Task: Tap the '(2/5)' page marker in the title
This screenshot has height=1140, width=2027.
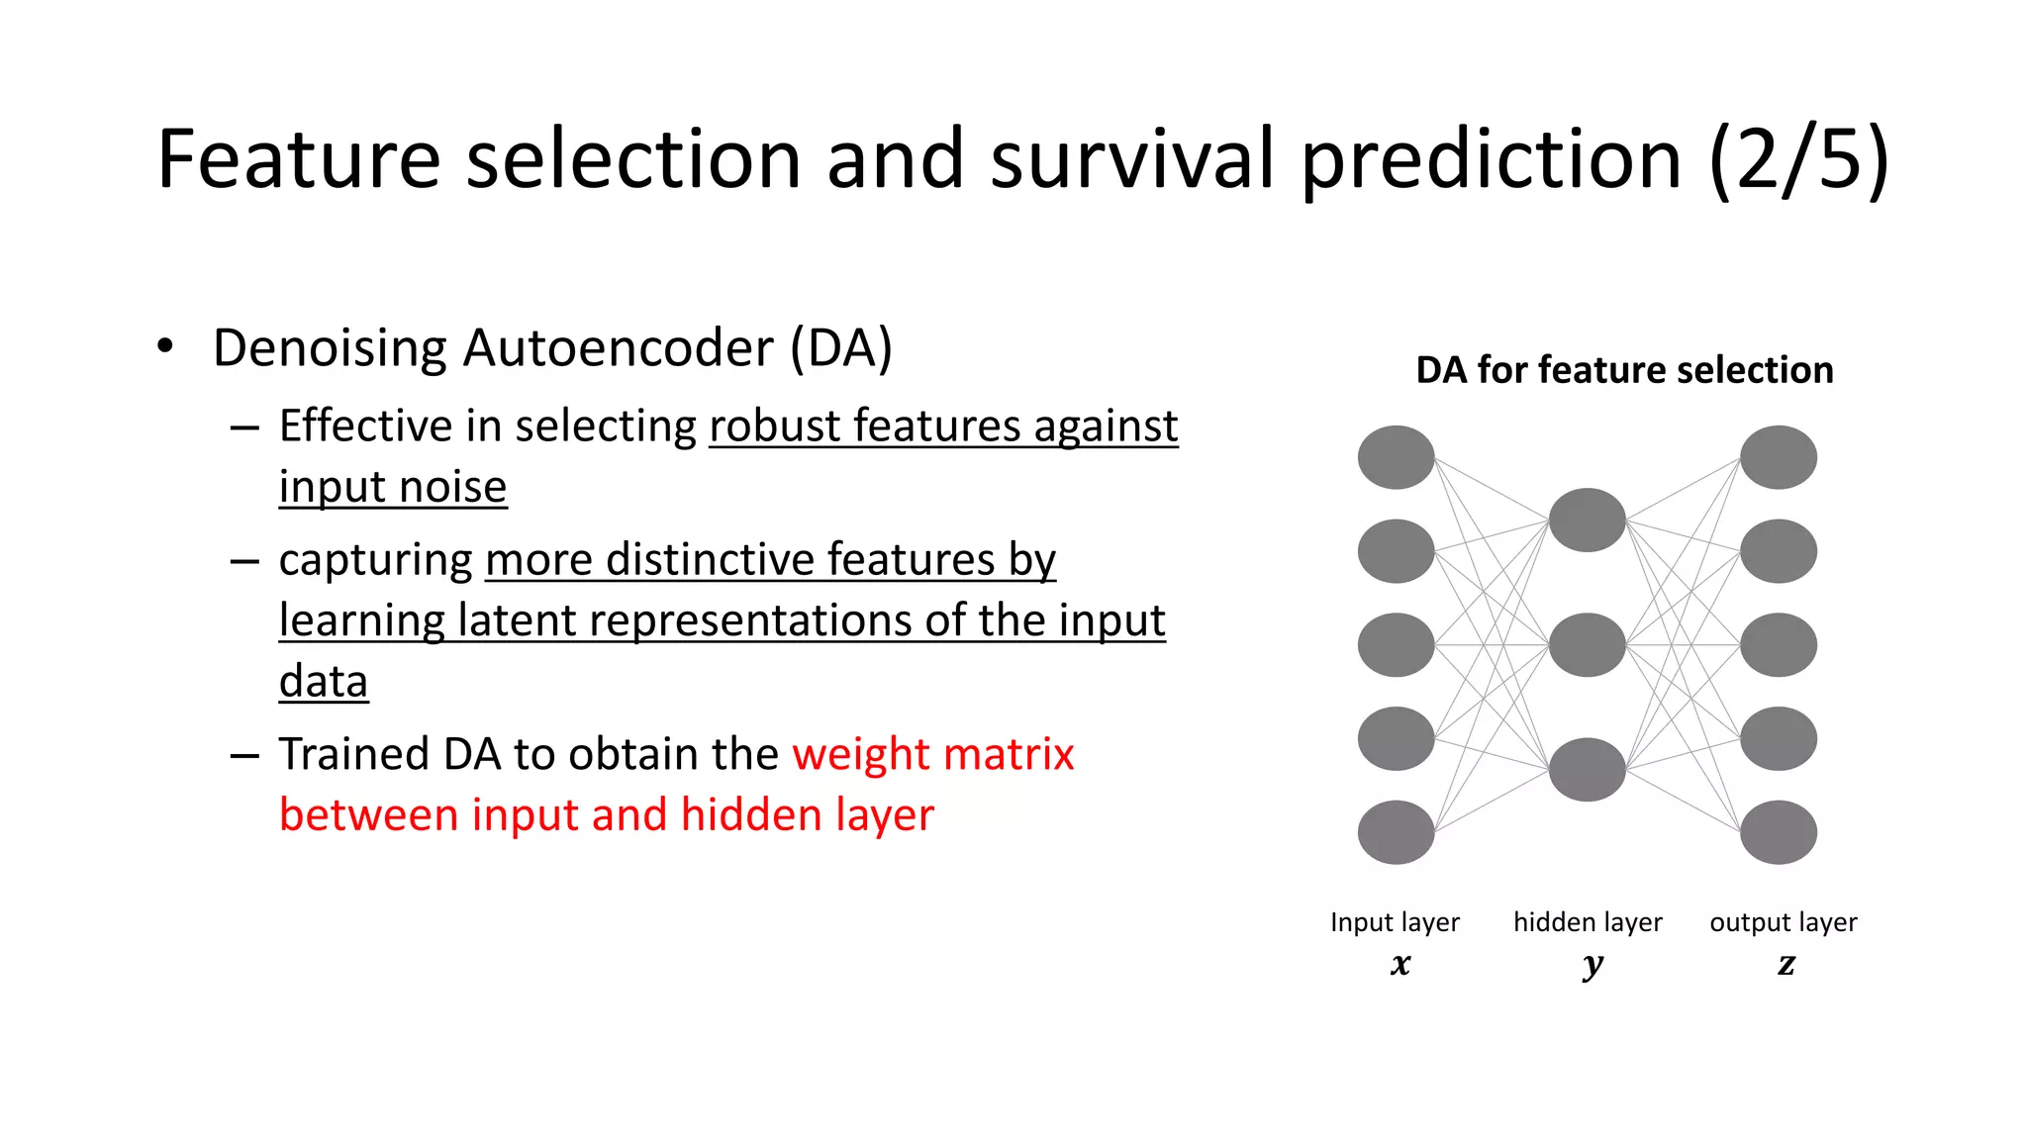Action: point(1799,160)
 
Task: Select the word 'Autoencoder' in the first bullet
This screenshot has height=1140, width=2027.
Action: point(618,348)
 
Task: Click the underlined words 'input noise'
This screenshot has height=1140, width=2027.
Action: point(393,487)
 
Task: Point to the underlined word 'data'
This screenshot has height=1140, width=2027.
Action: point(324,681)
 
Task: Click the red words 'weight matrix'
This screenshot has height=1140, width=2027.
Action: point(932,754)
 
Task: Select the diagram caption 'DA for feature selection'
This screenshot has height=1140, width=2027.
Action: point(1624,370)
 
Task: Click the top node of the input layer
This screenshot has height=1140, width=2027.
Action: point(1396,457)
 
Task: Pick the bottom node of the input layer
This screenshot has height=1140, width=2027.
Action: point(1396,832)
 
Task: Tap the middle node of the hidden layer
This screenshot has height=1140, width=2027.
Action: point(1587,645)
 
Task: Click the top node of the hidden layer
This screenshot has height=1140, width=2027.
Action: point(1587,520)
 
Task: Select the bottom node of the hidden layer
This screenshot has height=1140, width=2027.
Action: point(1587,770)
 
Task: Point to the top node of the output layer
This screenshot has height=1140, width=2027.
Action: point(1778,457)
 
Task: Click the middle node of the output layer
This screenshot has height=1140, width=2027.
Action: point(1778,645)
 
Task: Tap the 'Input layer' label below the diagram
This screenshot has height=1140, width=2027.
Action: point(1395,922)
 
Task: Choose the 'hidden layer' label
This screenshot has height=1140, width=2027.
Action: point(1588,922)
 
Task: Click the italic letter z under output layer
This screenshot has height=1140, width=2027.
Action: point(1786,963)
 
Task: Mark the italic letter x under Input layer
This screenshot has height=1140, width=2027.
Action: point(1400,963)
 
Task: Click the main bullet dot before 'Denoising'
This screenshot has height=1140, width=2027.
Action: point(165,346)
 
